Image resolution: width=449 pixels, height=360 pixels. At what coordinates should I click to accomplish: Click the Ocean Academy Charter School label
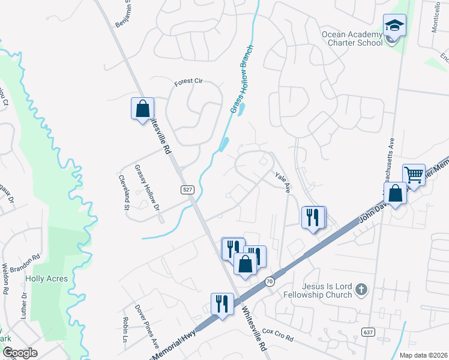coord(352,38)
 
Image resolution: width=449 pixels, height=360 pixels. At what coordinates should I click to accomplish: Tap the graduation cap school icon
coord(394,26)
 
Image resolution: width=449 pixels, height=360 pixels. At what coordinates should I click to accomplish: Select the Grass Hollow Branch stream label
coord(242,79)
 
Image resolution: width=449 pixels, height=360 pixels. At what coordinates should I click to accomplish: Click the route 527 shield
coord(188,190)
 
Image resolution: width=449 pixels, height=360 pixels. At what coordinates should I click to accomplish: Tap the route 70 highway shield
coord(270,281)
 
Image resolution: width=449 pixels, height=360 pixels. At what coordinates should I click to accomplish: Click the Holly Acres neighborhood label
coord(46,278)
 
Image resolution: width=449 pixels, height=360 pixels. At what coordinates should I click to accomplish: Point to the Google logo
coord(20,353)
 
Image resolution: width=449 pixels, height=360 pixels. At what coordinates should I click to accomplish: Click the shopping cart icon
coord(414,175)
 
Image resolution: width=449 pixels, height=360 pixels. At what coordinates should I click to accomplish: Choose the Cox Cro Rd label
coord(277,335)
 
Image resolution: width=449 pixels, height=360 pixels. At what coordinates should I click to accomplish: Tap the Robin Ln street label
coord(125,326)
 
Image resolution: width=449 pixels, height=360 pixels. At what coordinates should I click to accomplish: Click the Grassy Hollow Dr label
coord(148,188)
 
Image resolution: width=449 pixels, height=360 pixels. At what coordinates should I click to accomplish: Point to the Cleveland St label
coord(124,193)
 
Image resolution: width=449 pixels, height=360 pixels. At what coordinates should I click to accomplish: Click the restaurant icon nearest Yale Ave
coord(313,217)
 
